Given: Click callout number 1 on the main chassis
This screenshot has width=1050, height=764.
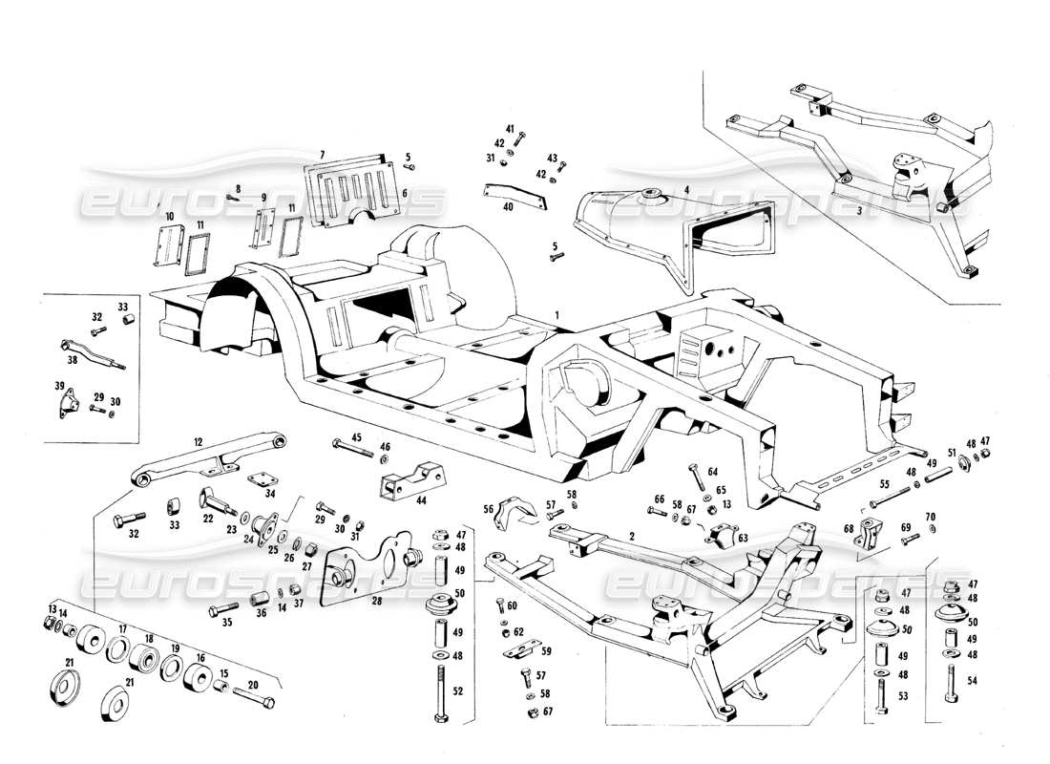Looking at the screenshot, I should pyautogui.click(x=557, y=313).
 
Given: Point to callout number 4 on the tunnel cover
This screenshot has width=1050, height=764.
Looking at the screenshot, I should pyautogui.click(x=685, y=189).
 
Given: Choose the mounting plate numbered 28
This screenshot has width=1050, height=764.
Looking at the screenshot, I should pyautogui.click(x=367, y=573).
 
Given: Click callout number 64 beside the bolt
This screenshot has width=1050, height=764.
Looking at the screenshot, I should pyautogui.click(x=711, y=470).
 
